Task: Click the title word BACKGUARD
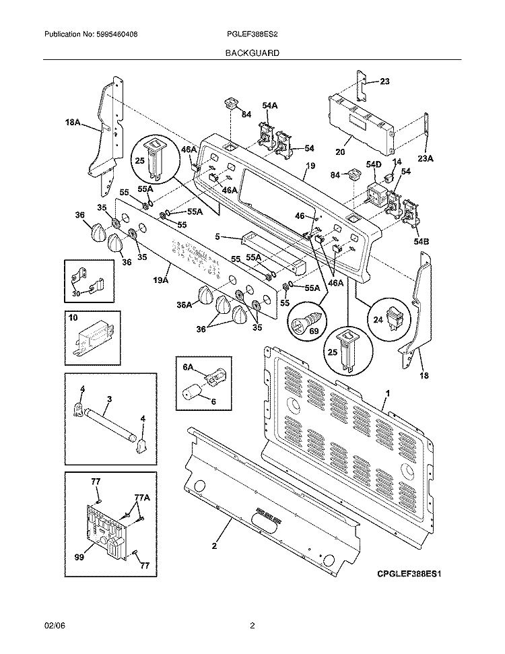(x=252, y=52)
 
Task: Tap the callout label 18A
(x=73, y=123)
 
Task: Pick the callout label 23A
(x=426, y=160)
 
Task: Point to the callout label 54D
(x=374, y=164)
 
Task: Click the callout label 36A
(x=184, y=305)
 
